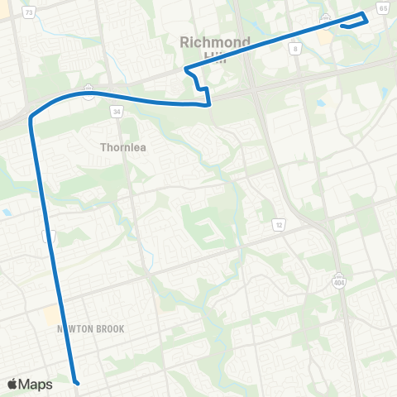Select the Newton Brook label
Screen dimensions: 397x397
tap(90, 329)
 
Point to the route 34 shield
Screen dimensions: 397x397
tap(118, 112)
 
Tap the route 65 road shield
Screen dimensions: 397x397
tap(382, 7)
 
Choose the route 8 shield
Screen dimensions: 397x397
tap(295, 49)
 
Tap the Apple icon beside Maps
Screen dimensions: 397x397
tap(12, 384)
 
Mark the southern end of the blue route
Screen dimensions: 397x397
tap(76, 383)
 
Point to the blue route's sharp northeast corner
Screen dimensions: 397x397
tap(366, 15)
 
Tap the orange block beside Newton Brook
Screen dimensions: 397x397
tap(52, 315)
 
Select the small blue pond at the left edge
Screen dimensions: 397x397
tap(7, 213)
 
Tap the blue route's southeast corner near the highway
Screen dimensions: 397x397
tap(208, 104)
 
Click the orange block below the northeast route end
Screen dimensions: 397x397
tap(326, 38)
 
